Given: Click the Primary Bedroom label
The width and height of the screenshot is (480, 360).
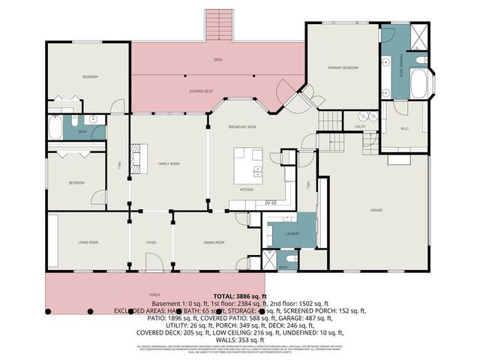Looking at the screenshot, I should click(x=343, y=68).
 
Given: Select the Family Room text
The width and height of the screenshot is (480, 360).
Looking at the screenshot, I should click(x=167, y=163).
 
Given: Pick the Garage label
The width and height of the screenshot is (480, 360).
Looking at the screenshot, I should click(x=376, y=210).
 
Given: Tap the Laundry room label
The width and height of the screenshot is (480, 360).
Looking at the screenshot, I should click(x=292, y=234).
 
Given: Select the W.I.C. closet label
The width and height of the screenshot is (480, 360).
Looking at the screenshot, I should click(x=404, y=127).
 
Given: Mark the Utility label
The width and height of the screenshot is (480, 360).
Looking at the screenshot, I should click(x=360, y=127).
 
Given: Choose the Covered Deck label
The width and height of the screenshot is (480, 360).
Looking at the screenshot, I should click(x=200, y=91).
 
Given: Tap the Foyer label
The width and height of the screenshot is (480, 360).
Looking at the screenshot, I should click(x=151, y=242).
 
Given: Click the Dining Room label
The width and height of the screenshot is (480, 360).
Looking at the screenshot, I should click(x=215, y=242).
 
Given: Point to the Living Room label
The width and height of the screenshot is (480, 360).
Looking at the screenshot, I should click(x=89, y=242).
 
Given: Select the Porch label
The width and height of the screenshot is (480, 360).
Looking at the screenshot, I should click(x=155, y=295).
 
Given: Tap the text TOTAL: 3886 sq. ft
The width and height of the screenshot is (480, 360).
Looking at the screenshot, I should click(x=240, y=296).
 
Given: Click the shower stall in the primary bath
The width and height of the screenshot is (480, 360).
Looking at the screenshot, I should click(x=418, y=34).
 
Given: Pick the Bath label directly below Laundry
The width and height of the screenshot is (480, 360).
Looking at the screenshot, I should click(x=283, y=268).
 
